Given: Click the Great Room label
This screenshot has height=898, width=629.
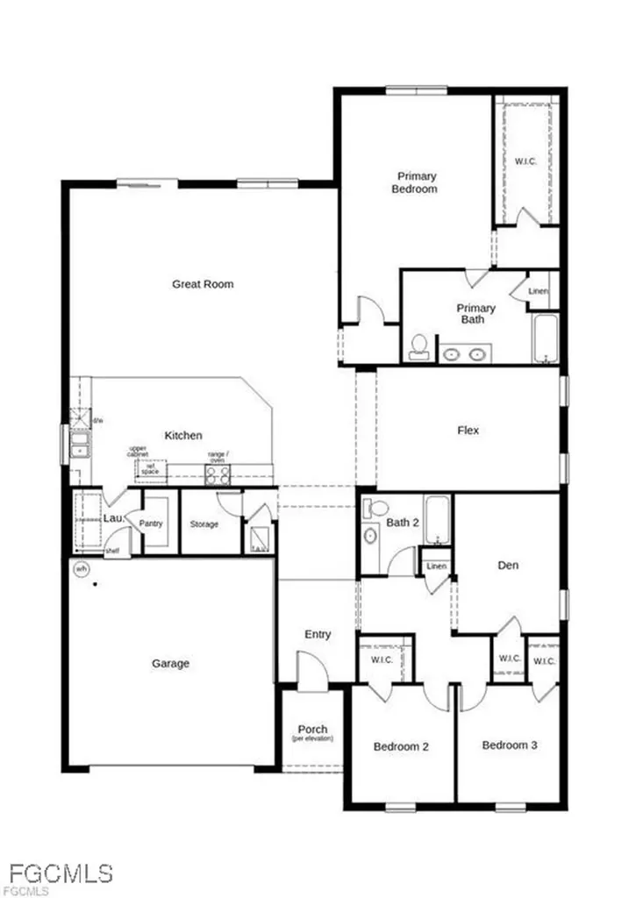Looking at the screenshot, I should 203,284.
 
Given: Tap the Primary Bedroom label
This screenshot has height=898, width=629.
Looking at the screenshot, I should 415,182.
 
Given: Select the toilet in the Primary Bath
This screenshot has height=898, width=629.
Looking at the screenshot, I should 419,346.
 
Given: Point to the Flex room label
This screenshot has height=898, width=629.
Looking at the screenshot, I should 468,431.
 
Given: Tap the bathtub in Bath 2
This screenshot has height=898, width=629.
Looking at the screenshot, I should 437,519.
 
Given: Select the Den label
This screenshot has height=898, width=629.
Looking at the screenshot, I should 507,566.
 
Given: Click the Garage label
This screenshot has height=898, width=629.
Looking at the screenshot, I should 170,664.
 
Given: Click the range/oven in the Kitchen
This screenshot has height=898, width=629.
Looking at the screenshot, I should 217,474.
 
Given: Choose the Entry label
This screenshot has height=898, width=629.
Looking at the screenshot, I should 317,634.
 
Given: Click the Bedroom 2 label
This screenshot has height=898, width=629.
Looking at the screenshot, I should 401,747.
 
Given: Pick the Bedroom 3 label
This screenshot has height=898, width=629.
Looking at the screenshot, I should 510,745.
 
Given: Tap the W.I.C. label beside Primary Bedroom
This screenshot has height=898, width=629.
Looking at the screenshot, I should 525,161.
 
